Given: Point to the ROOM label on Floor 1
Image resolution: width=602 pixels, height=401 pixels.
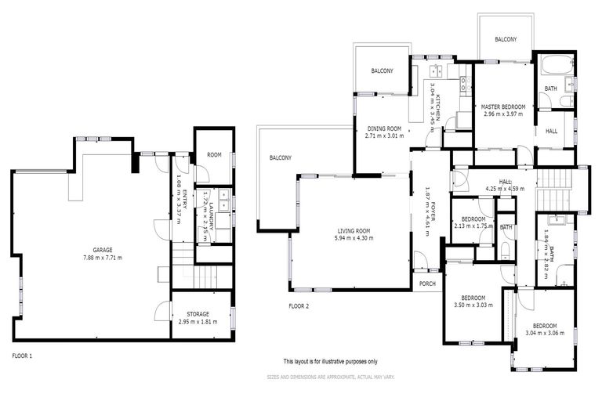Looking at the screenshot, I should coord(214,155).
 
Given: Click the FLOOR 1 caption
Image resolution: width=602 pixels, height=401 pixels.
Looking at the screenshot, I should coord(23,356).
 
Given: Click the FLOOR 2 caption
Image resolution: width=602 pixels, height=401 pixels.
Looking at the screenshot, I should coord(299,305).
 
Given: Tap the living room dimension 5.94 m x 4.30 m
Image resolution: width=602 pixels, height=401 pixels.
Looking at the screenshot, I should coord(350,238).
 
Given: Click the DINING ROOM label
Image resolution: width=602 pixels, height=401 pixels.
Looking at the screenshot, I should coord(383,128).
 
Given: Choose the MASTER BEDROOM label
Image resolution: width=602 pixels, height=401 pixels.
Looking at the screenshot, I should coord(502,106).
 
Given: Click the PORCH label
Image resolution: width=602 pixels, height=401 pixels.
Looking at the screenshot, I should coord(427,283).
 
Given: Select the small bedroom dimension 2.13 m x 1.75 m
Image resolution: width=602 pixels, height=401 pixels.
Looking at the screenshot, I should coord(473,226).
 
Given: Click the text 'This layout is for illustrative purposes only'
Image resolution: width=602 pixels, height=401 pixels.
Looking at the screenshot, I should coord(330,361).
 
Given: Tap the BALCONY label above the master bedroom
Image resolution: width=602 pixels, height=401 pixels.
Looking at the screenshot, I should coord(506,39).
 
